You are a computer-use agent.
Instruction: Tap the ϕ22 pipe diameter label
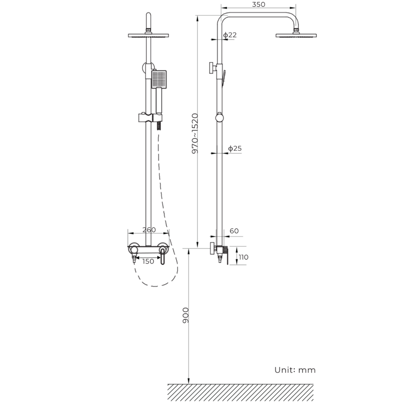point(230,35)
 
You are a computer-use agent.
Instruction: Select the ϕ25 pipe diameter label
point(235,148)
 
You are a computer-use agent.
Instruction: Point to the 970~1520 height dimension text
point(195,134)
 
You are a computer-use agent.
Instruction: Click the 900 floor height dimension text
point(185,315)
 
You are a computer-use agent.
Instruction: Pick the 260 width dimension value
point(149,230)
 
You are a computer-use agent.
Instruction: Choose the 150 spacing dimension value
point(148,261)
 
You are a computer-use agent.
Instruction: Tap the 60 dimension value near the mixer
point(234,231)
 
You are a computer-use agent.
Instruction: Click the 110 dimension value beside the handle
point(244,257)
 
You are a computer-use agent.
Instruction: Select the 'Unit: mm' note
point(295,370)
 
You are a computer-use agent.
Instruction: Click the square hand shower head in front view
point(159,79)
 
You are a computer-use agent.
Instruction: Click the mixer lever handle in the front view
point(162,256)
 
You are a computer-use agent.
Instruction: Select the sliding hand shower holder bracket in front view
point(148,118)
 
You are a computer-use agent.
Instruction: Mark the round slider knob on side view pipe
point(219,117)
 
